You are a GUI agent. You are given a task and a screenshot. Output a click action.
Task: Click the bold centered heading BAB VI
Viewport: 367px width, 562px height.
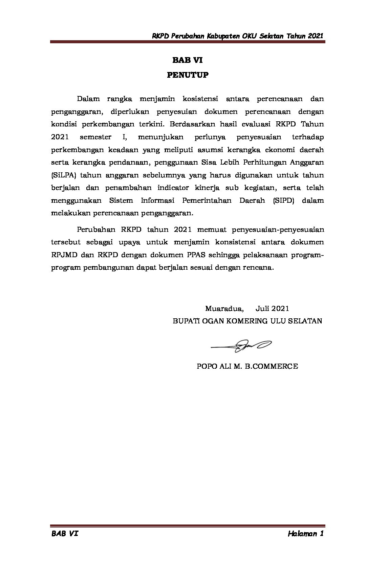pos(187,60)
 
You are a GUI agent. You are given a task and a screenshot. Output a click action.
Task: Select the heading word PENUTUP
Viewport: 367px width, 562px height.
pos(188,75)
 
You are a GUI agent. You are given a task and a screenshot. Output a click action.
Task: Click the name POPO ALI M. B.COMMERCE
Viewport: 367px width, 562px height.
pos(247,366)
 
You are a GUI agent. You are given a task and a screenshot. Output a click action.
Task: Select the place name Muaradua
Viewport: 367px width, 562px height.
pos(224,308)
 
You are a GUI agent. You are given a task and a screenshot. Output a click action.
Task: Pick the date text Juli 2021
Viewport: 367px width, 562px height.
pos(272,308)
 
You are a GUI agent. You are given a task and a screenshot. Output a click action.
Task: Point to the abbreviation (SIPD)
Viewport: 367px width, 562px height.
pos(283,200)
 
